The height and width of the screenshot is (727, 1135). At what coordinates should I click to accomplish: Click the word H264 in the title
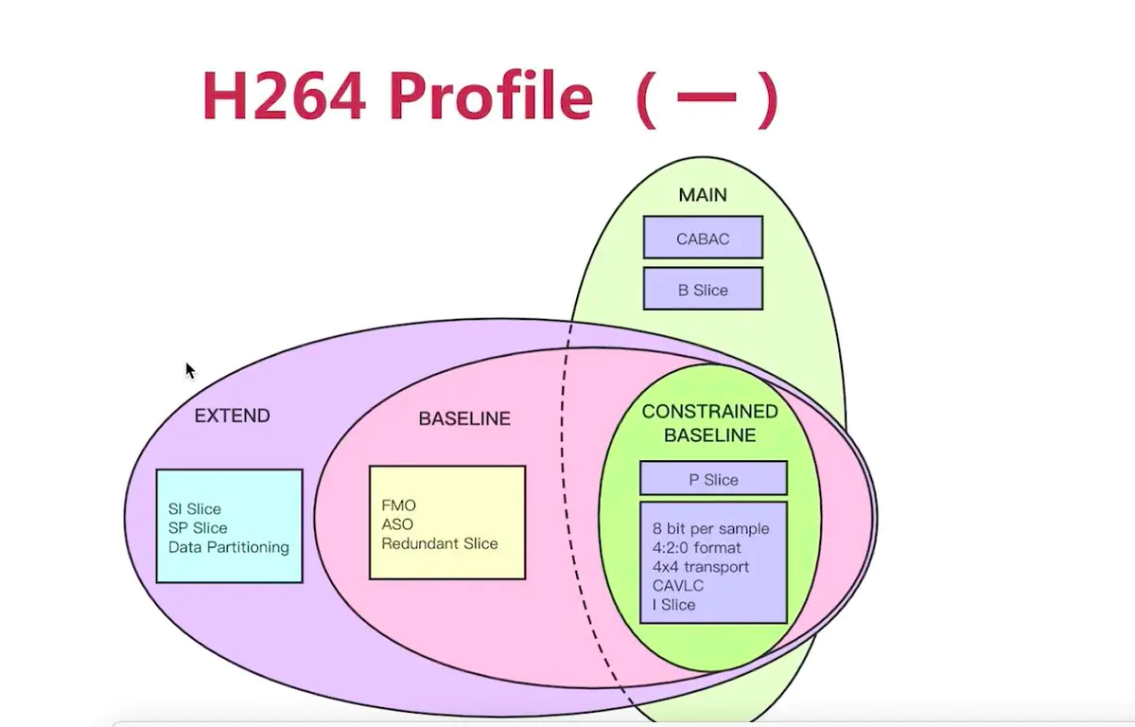284,97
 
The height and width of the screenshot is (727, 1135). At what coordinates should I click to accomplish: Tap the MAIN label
703,195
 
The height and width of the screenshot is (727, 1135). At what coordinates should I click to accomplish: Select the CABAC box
703,239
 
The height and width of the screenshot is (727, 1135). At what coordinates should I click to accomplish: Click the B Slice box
703,290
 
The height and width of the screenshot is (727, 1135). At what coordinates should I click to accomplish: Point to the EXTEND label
232,416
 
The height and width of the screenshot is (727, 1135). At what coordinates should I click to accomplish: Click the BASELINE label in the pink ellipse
464,418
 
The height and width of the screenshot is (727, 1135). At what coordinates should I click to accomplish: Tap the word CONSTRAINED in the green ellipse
709,412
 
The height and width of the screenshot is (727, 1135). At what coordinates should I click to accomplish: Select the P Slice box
713,479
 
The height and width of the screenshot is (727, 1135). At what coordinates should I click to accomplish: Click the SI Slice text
194,509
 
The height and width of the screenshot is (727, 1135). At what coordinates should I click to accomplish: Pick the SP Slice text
198,528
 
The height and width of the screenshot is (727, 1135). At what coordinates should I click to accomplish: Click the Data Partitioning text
229,547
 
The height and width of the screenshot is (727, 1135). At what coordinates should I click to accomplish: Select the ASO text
397,524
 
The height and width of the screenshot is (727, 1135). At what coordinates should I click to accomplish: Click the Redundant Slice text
439,543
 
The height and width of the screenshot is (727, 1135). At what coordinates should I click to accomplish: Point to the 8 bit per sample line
710,528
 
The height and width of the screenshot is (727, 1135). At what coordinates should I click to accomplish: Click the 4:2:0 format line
696,547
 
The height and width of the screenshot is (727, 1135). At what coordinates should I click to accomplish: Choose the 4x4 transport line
700,567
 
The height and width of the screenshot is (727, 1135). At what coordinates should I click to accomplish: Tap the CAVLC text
674,586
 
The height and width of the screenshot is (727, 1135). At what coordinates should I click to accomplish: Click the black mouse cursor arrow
190,370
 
